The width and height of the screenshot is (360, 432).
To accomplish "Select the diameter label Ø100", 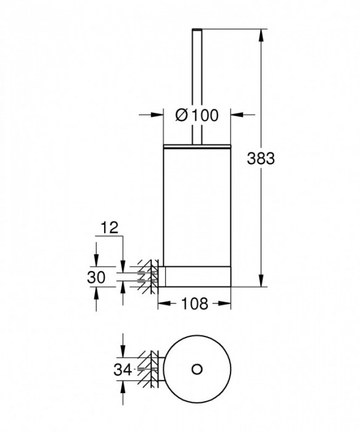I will point(197,114).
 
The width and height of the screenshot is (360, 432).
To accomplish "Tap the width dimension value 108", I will point(194,303).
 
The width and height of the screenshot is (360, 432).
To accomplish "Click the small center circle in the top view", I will point(197,368).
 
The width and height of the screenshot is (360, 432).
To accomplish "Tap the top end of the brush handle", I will point(197,29).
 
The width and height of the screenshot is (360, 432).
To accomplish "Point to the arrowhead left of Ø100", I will point(157,114).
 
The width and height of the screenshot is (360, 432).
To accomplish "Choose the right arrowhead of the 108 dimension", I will point(226,303).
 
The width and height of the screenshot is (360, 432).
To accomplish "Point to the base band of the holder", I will point(197,276).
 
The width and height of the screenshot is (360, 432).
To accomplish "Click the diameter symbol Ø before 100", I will point(182,114).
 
